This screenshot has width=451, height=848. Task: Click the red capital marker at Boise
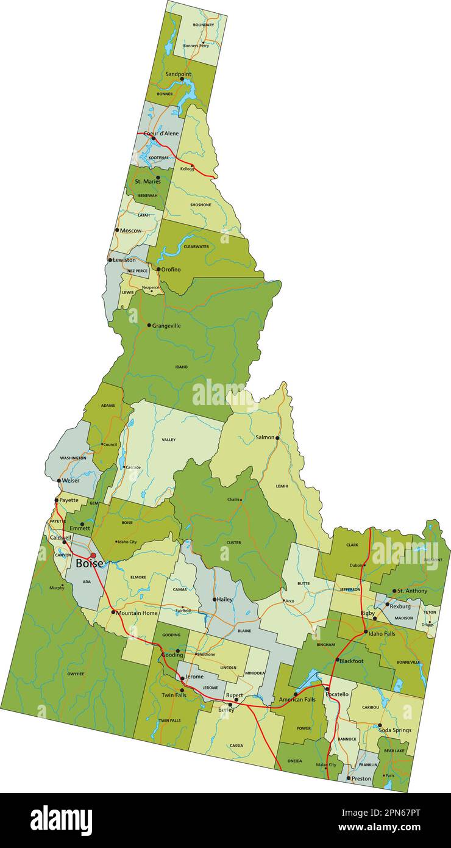(93, 555)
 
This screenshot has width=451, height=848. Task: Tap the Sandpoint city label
(178, 74)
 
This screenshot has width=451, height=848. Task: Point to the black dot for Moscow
(117, 230)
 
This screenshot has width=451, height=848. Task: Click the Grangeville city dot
(149, 325)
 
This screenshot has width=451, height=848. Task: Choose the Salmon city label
(265, 437)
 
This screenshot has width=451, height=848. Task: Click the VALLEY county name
(169, 439)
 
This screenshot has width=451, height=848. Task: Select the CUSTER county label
(233, 542)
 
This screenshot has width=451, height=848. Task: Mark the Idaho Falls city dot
(366, 632)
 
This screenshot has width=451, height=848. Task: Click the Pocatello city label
(337, 694)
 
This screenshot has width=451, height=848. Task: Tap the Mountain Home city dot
(113, 612)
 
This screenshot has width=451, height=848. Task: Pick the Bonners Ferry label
(196, 45)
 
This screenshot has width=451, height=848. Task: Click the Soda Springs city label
(395, 730)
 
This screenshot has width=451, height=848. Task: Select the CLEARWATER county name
(196, 246)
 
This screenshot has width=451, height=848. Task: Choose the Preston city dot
(349, 778)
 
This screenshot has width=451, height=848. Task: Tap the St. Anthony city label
(413, 591)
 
